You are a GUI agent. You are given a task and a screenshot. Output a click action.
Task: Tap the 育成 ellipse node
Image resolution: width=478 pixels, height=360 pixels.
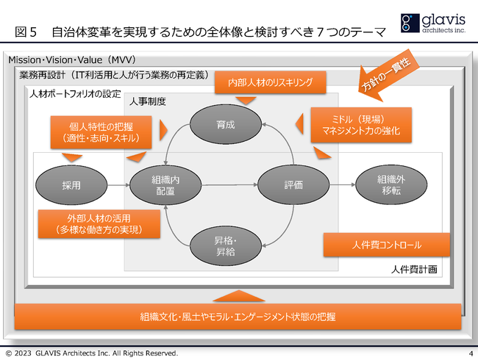pyautogui.click(x=226, y=125)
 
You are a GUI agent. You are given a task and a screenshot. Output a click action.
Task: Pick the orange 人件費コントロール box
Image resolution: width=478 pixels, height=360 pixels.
pyautogui.click(x=376, y=245)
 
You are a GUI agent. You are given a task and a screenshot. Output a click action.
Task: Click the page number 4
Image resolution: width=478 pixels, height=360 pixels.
pyautogui.click(x=468, y=353)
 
